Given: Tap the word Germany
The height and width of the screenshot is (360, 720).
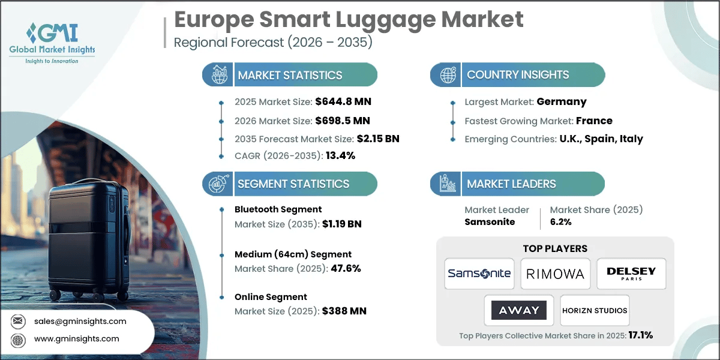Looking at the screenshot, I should pyautogui.click(x=562, y=101).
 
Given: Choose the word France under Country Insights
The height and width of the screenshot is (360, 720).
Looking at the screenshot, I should pyautogui.click(x=594, y=120).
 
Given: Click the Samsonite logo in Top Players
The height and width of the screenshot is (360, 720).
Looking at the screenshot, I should pyautogui.click(x=479, y=274).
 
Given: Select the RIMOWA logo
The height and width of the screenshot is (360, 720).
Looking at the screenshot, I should pyautogui.click(x=555, y=274).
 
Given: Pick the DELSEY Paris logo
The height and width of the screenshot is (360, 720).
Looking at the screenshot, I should pyautogui.click(x=631, y=274).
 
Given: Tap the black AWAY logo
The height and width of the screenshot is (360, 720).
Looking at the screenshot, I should pyautogui.click(x=518, y=310).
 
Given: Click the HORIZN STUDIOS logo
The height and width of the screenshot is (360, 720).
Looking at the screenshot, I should pyautogui.click(x=595, y=310).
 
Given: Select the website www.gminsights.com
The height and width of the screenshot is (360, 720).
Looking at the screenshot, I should pyautogui.click(x=77, y=338).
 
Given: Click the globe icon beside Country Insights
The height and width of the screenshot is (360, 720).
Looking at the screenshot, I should pyautogui.click(x=446, y=75).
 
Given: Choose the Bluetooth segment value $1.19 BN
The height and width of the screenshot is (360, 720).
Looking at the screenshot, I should pyautogui.click(x=342, y=224).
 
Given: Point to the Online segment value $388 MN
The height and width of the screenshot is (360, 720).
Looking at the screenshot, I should pyautogui.click(x=344, y=311).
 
